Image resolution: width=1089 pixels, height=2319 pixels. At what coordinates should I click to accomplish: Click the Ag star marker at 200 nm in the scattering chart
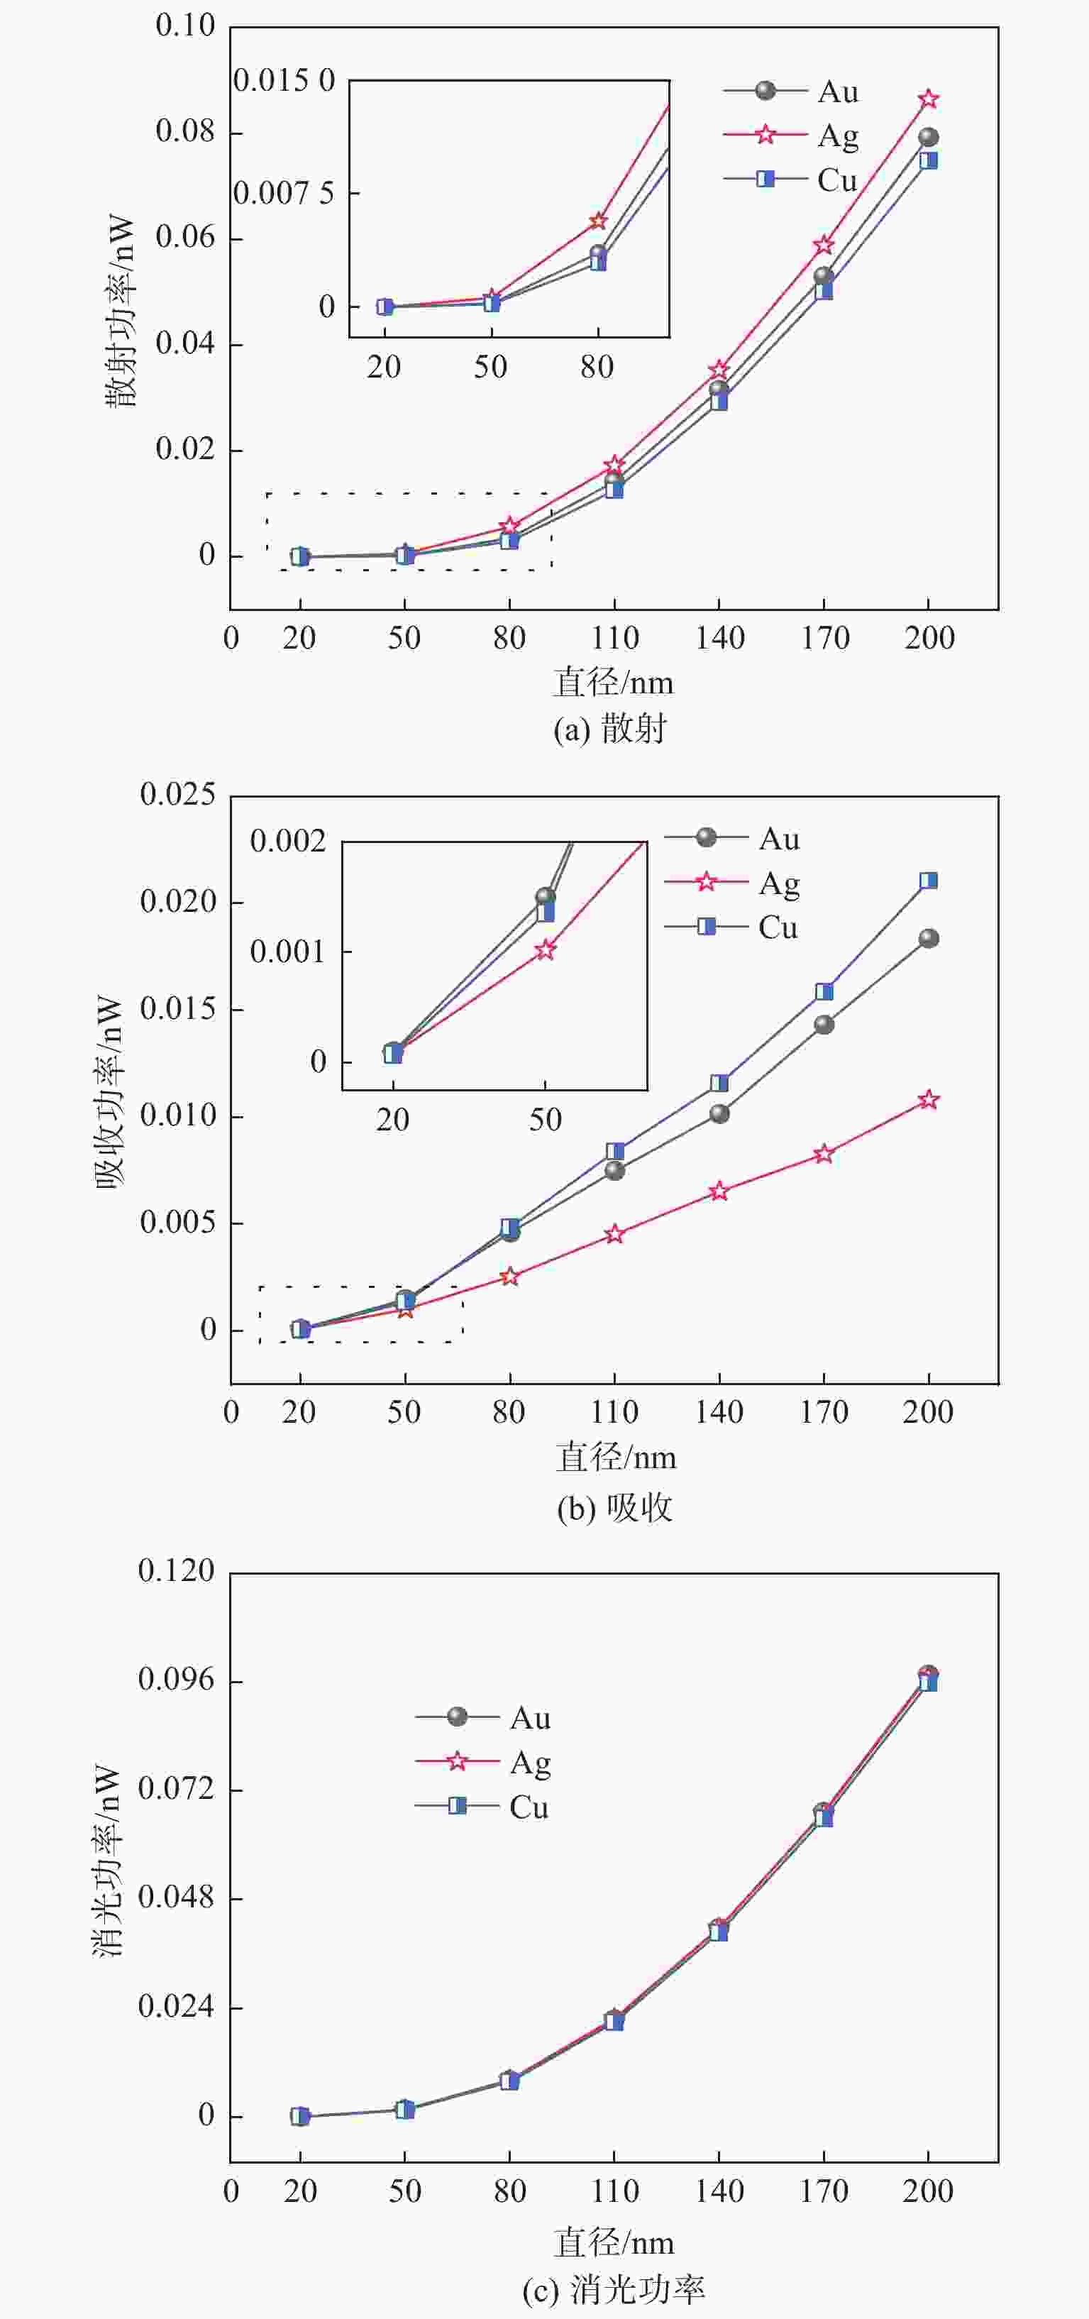pos(928,99)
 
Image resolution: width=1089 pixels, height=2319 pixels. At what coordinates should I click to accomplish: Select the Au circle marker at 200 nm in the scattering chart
pos(928,138)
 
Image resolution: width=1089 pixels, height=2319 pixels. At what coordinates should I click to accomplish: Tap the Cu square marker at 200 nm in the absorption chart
pos(928,881)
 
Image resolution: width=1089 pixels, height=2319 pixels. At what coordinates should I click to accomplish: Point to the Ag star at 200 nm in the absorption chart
pos(928,1100)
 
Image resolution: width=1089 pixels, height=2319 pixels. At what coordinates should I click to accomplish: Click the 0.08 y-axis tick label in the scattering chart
pos(185,131)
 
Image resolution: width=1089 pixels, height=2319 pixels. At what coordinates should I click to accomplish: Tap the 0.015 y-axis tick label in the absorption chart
pos(177,1008)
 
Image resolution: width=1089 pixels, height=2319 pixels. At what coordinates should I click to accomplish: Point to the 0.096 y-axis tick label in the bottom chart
pos(177,1679)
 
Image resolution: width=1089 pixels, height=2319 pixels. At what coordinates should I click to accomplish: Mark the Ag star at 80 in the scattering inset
pos(597,221)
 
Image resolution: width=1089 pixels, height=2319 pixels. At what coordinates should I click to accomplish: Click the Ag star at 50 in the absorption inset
pos(546,949)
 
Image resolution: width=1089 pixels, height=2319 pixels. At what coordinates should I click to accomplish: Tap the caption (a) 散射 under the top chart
pos(610,727)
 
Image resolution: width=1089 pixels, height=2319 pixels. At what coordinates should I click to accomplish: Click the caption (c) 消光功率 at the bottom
pos(614,2288)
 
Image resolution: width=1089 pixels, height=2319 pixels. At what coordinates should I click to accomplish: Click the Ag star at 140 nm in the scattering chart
pos(718,370)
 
